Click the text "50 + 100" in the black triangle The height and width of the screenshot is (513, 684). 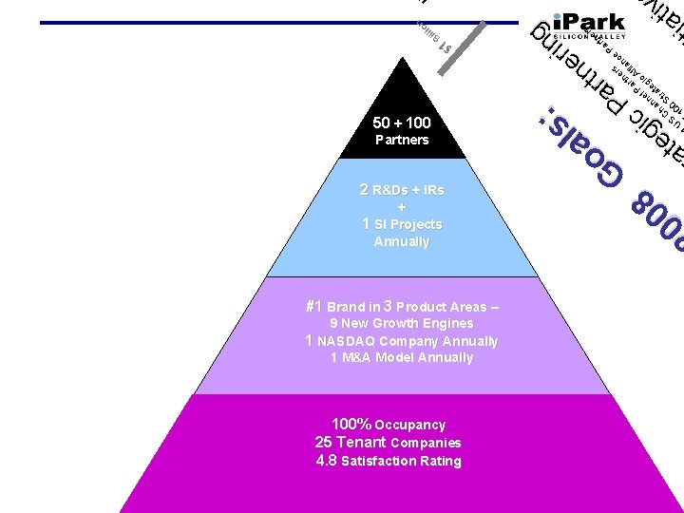tap(403, 123)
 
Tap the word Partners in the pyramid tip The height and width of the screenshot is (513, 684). tap(402, 141)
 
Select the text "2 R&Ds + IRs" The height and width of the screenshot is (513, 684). tap(402, 190)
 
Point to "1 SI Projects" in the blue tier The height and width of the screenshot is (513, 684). tap(402, 224)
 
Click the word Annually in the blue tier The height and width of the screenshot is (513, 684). tap(402, 242)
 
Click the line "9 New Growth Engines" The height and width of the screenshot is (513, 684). tap(402, 324)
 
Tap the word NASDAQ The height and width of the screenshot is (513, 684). tap(351, 341)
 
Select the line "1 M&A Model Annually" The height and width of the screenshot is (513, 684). tap(402, 358)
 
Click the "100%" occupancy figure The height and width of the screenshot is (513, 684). tap(351, 425)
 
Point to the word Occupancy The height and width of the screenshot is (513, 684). tap(410, 426)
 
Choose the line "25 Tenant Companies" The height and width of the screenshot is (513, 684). tap(388, 443)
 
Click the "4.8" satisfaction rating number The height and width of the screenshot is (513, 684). tap(326, 461)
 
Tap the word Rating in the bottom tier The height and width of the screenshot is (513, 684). tap(441, 462)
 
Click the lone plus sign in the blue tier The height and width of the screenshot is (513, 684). tap(402, 207)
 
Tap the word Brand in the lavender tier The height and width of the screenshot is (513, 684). tap(347, 308)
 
